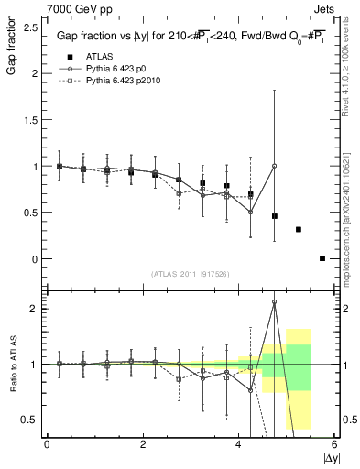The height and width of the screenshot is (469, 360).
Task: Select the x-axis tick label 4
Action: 239,444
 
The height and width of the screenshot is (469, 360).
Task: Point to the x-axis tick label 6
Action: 335,444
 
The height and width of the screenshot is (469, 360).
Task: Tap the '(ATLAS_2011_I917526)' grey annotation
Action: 189,274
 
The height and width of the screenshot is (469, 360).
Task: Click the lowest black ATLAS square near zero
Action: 322,258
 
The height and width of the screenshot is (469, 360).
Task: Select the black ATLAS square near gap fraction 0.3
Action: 299,229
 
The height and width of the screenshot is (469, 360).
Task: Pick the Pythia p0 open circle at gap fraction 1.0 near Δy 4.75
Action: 275,166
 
